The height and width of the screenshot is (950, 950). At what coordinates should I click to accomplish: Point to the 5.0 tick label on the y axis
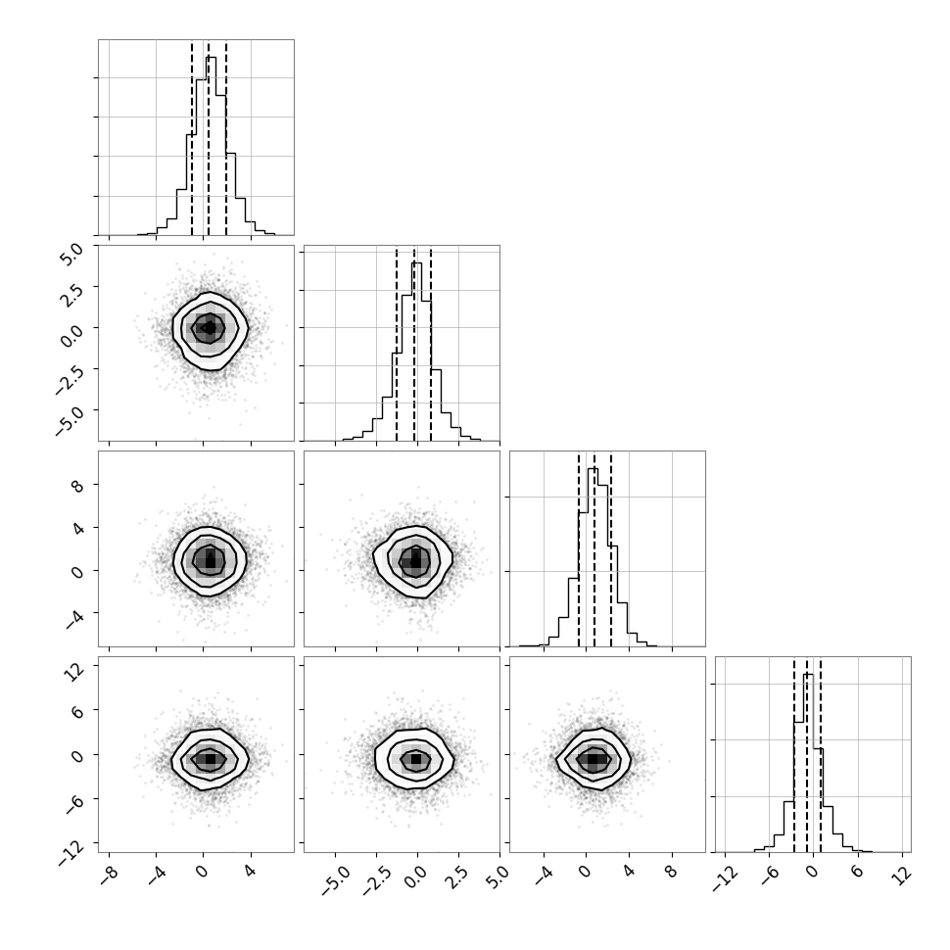(x=71, y=254)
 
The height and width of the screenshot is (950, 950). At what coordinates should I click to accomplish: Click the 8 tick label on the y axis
(x=77, y=486)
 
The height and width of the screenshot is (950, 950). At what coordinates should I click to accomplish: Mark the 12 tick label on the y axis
(x=73, y=671)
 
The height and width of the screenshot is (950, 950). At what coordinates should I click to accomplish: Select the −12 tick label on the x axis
(x=724, y=878)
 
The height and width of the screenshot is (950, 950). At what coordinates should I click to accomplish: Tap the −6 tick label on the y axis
(x=73, y=801)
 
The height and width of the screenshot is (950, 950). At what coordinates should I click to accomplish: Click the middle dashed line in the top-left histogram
(x=209, y=138)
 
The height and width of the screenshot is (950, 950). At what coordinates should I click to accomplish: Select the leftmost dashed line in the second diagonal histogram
(x=397, y=344)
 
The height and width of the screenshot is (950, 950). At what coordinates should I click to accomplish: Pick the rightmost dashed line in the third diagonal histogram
(x=611, y=549)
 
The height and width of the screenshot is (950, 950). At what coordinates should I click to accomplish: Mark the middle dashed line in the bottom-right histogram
(x=806, y=755)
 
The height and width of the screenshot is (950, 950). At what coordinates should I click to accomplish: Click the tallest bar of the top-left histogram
(x=211, y=146)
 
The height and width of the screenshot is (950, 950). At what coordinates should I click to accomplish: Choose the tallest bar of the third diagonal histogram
(x=594, y=557)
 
